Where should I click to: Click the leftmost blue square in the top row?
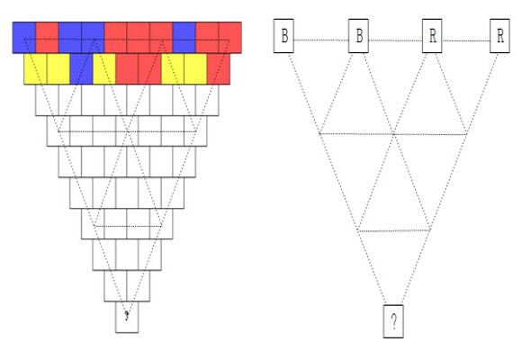pyautogui.click(x=24, y=38)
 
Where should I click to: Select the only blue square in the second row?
pyautogui.click(x=81, y=69)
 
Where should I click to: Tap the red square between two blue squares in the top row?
pyautogui.click(x=47, y=38)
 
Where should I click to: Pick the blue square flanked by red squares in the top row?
pyautogui.click(x=184, y=38)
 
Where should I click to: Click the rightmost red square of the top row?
pyautogui.click(x=230, y=38)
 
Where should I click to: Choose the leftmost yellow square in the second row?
pyautogui.click(x=36, y=69)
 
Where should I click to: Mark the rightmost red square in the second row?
pyautogui.click(x=219, y=69)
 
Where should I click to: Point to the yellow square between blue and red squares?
pyautogui.click(x=104, y=69)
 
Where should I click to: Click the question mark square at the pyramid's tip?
pyautogui.click(x=127, y=317)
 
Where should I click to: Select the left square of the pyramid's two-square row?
pyautogui.click(x=115, y=286)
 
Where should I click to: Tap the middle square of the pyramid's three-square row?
pyautogui.click(x=127, y=255)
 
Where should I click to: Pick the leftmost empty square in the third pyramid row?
pyautogui.click(x=47, y=100)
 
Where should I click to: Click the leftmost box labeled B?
pyautogui.click(x=283, y=36)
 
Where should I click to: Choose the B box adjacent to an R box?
pyautogui.click(x=358, y=36)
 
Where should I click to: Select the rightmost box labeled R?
pyautogui.click(x=499, y=36)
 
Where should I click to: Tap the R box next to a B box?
pyautogui.click(x=432, y=36)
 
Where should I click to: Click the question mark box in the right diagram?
pyautogui.click(x=393, y=321)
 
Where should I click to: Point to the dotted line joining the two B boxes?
pyautogui.click(x=321, y=40)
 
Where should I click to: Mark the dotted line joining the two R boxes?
pyautogui.click(x=466, y=41)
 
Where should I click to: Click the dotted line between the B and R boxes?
pyautogui.click(x=395, y=40)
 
